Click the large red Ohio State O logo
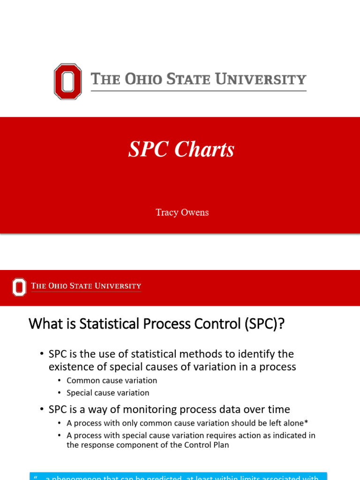[68, 82]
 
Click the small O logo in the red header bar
[19, 287]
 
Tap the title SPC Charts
[181, 150]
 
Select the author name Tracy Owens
[182, 212]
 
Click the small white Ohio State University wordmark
[86, 286]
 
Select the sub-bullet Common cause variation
[112, 381]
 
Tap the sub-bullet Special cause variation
[108, 393]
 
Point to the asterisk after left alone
[306, 422]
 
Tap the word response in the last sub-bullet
[97, 445]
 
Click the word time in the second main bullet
[279, 409]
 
